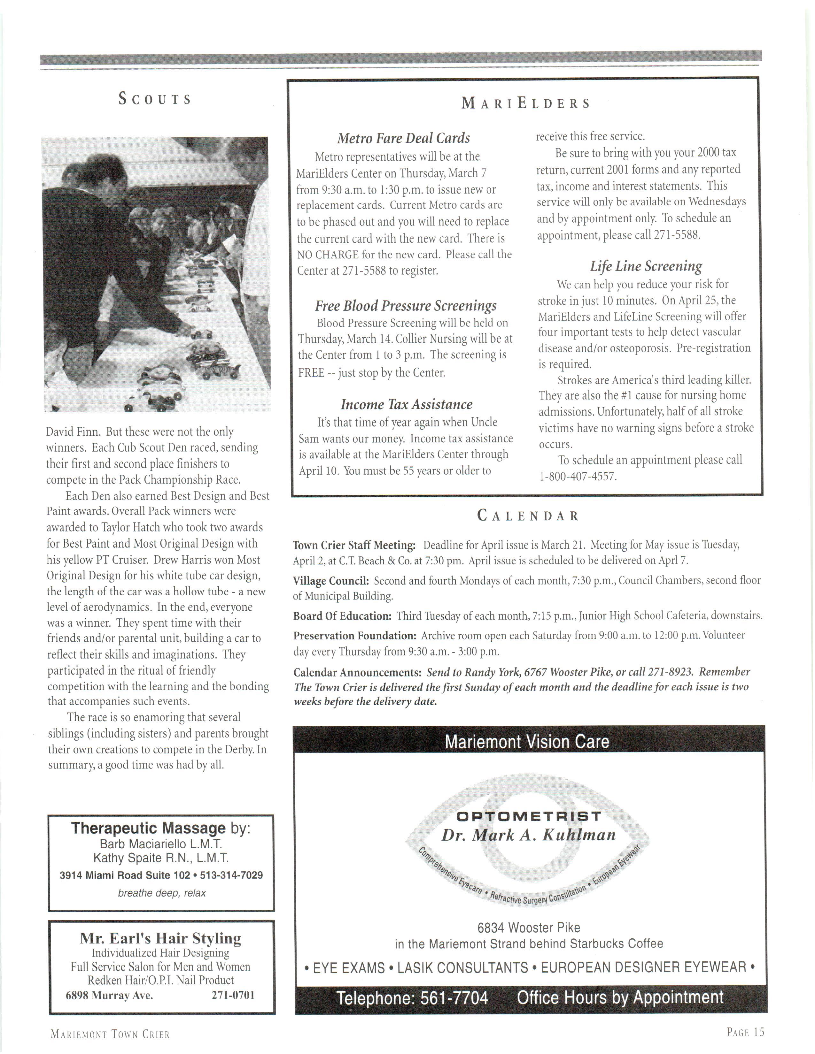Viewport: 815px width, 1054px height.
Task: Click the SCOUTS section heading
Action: point(155,99)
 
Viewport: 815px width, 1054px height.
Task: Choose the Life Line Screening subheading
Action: point(646,266)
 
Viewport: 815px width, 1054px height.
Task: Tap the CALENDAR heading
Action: point(528,516)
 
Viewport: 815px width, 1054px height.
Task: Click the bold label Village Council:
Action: point(331,581)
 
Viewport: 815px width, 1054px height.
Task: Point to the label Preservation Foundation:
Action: point(355,636)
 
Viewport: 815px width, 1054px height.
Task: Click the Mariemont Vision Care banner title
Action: point(527,741)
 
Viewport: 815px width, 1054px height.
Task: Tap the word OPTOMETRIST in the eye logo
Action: point(529,817)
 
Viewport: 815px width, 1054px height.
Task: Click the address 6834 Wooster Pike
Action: point(529,928)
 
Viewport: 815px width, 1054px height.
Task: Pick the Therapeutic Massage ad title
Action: point(149,828)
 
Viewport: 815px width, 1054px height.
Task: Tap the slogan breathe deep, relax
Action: point(162,893)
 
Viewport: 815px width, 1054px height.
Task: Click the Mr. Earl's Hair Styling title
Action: point(160,939)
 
